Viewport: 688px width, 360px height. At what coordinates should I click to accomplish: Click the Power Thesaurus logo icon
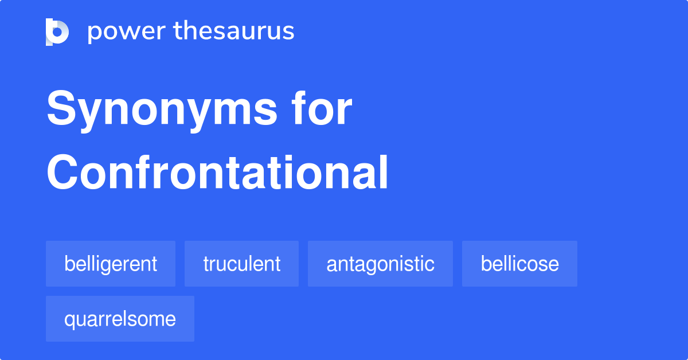tap(57, 32)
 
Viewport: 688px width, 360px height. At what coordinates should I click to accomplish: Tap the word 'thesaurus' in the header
tap(234, 32)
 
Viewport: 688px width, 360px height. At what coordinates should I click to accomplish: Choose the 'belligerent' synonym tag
tap(111, 264)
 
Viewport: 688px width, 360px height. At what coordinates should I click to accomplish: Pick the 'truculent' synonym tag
tap(241, 264)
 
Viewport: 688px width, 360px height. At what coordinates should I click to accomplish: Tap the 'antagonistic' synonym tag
tap(380, 264)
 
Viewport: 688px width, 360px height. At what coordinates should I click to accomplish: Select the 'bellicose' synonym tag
tap(519, 264)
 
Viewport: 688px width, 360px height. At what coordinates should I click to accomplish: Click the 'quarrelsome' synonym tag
tap(120, 319)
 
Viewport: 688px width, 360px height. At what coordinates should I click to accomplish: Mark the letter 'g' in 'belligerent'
tap(104, 266)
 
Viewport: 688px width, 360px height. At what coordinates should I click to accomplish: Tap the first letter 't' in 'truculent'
tap(206, 264)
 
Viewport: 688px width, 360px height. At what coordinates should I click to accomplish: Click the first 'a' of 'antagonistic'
tap(331, 265)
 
